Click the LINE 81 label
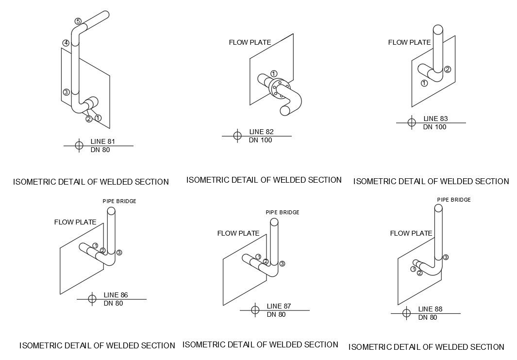click(102, 142)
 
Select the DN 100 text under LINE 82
click(261, 140)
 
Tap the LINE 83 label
click(435, 119)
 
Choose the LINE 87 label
click(279, 306)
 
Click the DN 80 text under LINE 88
click(427, 317)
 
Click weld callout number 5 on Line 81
click(78, 21)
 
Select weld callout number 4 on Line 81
click(66, 43)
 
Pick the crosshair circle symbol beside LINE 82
click(237, 136)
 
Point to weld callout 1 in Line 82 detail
click(274, 73)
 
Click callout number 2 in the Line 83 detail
click(448, 69)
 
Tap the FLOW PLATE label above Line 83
click(409, 42)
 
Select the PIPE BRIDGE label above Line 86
click(119, 201)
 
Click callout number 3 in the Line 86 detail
click(119, 252)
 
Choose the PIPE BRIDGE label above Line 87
click(283, 212)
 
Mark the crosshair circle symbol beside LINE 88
click(406, 313)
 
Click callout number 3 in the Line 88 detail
click(446, 257)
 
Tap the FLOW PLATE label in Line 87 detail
click(238, 233)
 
